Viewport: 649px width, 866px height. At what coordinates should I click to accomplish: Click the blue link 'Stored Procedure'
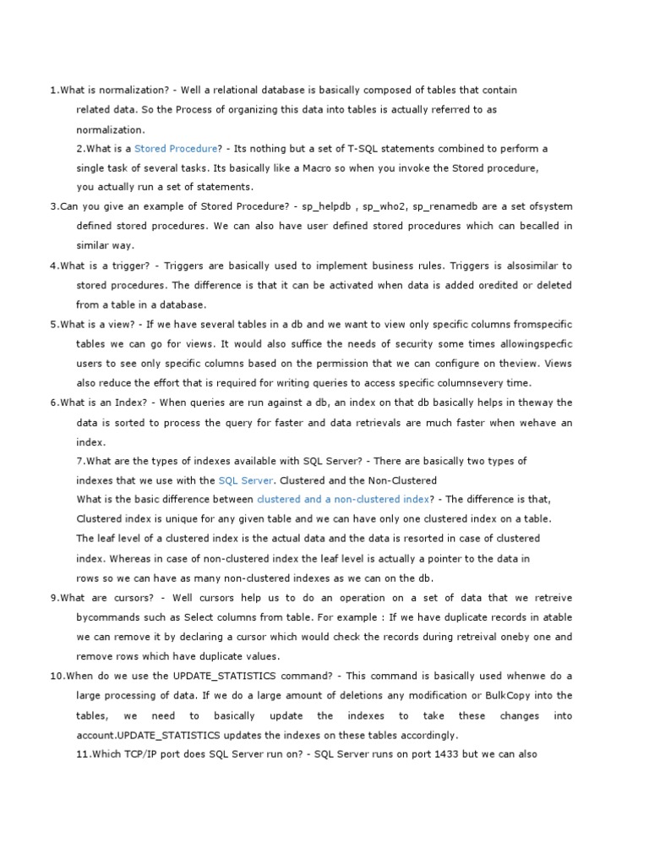click(x=177, y=149)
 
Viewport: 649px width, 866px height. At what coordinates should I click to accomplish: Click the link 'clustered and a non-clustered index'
click(x=343, y=500)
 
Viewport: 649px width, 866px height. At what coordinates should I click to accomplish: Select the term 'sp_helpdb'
click(x=326, y=206)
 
